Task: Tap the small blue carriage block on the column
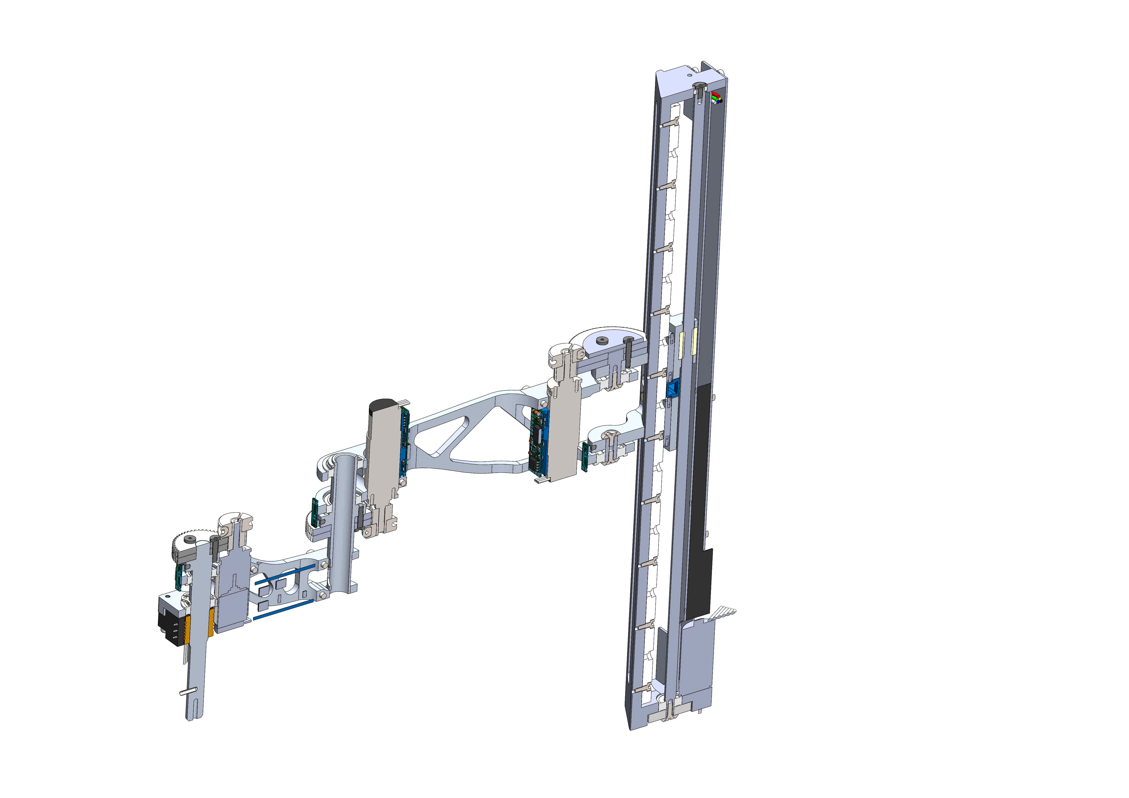pos(672,389)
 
